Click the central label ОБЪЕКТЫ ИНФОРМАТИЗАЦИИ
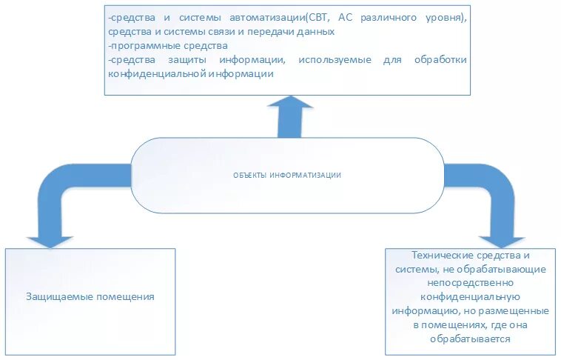(x=287, y=176)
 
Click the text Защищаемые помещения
(x=90, y=296)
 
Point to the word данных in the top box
(x=320, y=32)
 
